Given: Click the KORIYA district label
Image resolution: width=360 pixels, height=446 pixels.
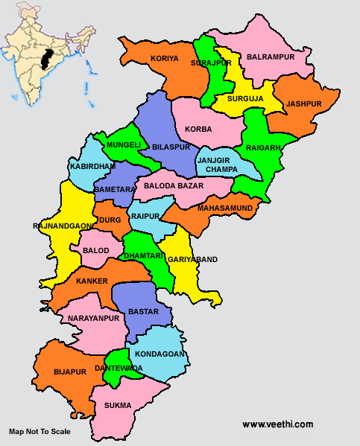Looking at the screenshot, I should pos(165,57).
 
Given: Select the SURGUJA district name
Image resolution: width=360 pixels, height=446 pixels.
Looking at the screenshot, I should pos(245,97).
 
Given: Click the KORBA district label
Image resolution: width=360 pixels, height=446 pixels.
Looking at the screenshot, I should pos(198,129).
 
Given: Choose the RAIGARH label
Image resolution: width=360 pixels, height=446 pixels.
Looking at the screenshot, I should pos(263,147).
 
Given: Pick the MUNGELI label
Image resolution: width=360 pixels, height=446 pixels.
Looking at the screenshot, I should pos(123,144).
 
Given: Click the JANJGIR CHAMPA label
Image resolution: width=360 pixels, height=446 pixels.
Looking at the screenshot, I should pos(218,165).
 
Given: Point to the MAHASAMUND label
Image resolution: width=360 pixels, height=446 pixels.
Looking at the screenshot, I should pos(222,208).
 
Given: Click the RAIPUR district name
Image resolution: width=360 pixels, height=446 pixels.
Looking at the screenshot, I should pos(145,216).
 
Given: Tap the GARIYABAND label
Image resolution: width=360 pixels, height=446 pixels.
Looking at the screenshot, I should pos(193,259).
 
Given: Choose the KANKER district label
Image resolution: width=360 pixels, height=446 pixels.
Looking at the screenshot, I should pos(91,281).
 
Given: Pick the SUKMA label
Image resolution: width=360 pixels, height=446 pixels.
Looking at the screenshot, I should pos(118,405).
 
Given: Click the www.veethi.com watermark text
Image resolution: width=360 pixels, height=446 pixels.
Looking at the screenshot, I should pos(277,424).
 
